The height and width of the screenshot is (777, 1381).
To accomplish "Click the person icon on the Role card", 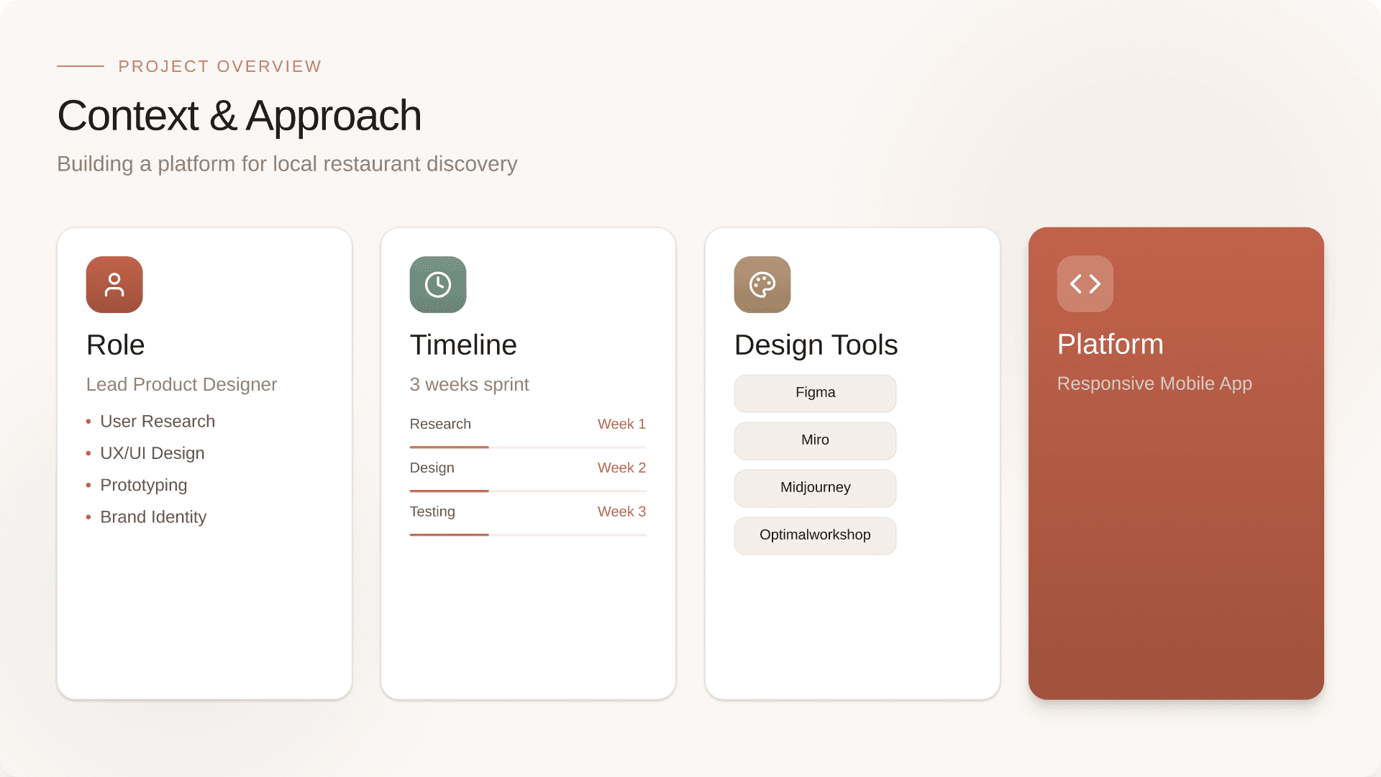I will (x=114, y=284).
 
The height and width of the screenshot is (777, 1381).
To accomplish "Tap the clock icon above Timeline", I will (x=438, y=284).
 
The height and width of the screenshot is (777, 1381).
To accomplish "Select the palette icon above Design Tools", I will (x=762, y=284).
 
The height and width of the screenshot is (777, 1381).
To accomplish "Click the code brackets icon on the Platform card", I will (x=1085, y=283).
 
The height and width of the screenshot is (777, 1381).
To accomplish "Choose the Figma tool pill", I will (x=815, y=393).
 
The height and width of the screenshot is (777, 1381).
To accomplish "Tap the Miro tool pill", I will (x=815, y=440).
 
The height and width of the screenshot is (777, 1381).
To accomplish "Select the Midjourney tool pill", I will (x=815, y=488).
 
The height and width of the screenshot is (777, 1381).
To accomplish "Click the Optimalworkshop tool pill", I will (x=815, y=535).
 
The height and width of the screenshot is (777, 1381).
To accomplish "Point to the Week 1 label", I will (x=621, y=424).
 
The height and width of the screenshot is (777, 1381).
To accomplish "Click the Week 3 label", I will (x=621, y=512).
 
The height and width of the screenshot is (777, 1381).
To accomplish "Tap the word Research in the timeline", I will (x=440, y=424).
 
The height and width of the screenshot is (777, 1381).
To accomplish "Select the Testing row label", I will (x=432, y=512).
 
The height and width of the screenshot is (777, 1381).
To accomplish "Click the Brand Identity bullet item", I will (x=153, y=517).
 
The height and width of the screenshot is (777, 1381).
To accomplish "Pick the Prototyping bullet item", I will (x=143, y=485).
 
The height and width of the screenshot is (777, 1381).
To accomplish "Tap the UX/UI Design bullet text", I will (x=152, y=453).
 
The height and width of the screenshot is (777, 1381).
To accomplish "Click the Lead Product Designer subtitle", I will (x=181, y=385).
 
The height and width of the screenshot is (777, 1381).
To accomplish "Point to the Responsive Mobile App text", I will (x=1154, y=383).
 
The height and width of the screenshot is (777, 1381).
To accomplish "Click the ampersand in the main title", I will (x=223, y=117).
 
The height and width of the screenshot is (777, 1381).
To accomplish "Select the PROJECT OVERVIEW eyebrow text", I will (x=220, y=67).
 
